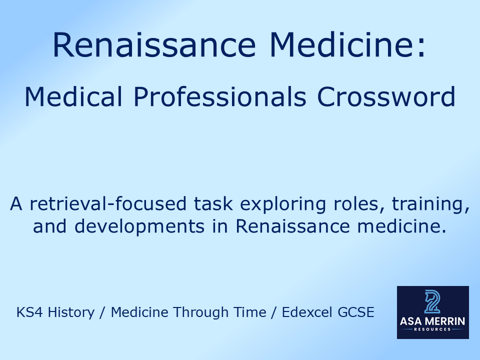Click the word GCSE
point(357,312)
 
